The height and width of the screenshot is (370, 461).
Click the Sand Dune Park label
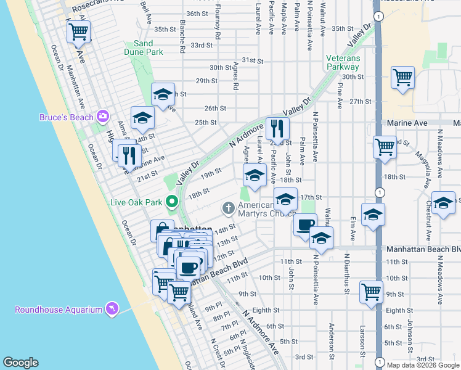point(144,47)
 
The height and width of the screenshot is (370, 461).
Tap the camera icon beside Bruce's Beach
point(102,116)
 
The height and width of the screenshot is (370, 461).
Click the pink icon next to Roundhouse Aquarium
point(112,308)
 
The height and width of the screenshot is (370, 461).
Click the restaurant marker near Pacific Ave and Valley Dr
point(277,129)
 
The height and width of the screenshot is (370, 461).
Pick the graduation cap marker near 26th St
point(163,94)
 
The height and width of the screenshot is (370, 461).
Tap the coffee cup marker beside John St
point(304,224)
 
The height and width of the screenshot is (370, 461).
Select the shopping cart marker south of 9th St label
point(372,292)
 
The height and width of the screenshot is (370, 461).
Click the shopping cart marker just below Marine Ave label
point(385,147)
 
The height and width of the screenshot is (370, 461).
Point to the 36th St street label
point(197,14)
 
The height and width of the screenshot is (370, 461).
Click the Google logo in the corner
point(20,363)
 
